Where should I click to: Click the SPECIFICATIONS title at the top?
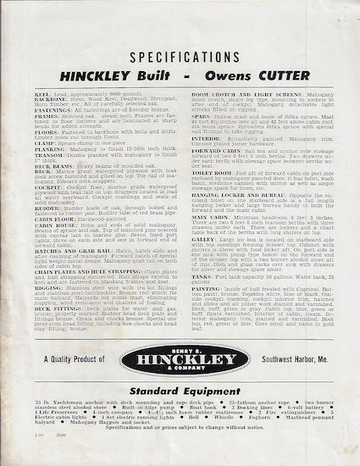(x=180, y=58)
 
